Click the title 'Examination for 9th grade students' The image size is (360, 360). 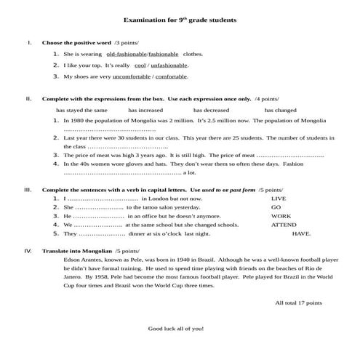point(180,21)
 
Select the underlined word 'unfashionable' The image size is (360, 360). point(169,65)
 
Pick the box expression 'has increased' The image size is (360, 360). point(145,110)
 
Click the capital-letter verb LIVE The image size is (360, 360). point(279,198)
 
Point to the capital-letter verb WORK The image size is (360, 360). point(281,216)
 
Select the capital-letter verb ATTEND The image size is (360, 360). point(284,225)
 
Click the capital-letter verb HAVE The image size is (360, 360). point(300,234)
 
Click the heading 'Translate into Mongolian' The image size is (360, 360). point(71,250)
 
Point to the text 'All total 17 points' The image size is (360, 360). point(298,302)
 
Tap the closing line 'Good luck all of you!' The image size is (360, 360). point(176,329)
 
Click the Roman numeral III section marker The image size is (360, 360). point(28,189)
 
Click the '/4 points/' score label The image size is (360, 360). point(266,98)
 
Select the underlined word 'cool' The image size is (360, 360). point(141,65)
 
